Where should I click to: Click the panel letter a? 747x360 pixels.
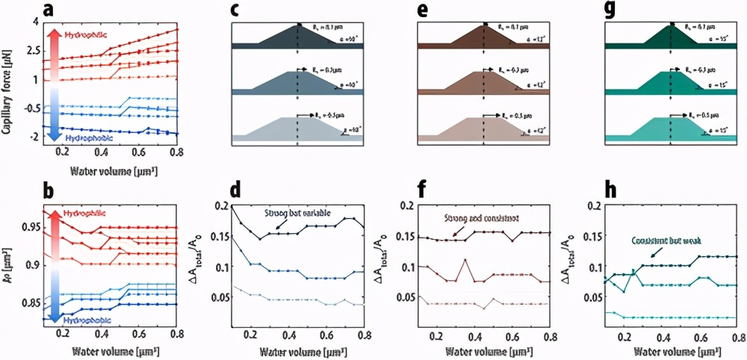point(50,11)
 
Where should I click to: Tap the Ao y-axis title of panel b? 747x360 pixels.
point(12,261)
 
